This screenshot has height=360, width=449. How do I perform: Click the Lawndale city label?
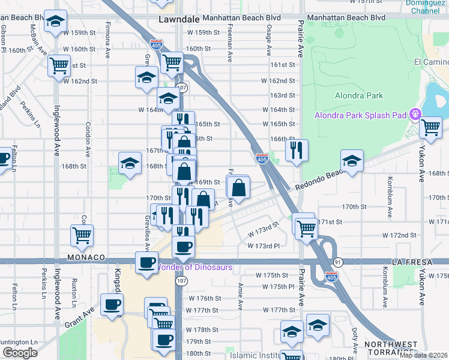pos(179,19)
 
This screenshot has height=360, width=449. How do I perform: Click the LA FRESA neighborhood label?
pos(411,262)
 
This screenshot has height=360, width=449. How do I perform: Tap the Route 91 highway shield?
pos(337,262)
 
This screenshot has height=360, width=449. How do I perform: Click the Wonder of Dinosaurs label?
pos(195,266)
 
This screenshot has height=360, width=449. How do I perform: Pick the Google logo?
pos(20,353)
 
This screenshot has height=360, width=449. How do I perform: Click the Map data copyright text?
pos(424,355)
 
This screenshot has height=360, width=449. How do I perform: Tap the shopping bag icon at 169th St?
pos(239,188)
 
